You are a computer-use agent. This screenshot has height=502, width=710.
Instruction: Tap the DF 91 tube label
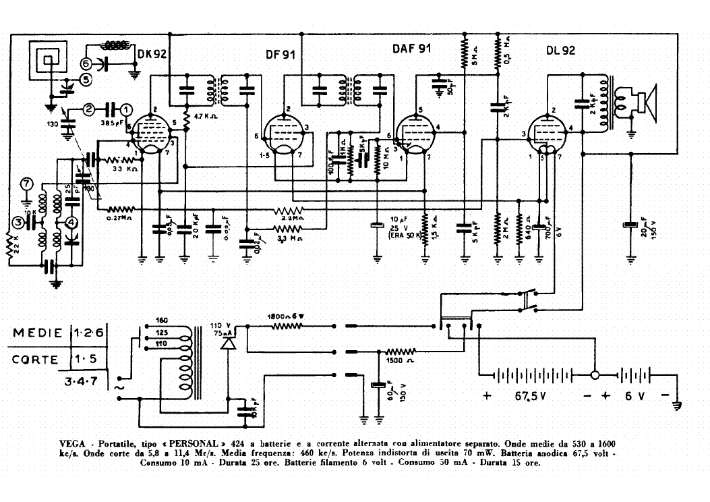click(x=280, y=54)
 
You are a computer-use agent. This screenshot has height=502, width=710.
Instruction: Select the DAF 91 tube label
click(x=411, y=49)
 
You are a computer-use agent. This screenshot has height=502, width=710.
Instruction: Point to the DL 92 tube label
click(x=561, y=51)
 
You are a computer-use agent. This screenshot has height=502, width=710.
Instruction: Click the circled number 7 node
click(x=26, y=184)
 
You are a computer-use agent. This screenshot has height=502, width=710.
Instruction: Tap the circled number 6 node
click(x=86, y=63)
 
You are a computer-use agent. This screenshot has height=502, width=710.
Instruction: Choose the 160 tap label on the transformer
click(x=162, y=320)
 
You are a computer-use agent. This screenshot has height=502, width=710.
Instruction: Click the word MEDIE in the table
click(x=39, y=333)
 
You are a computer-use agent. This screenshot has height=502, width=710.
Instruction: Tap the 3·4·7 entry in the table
click(x=80, y=381)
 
